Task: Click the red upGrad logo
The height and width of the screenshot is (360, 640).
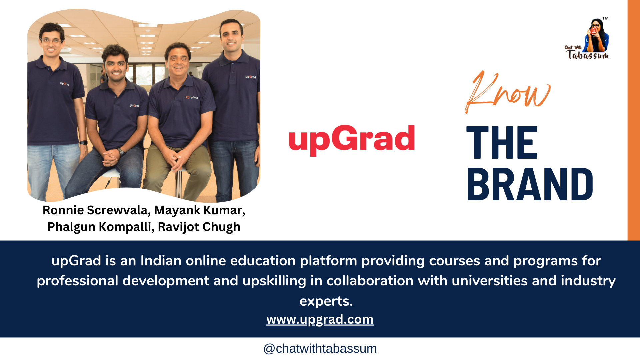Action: (352, 139)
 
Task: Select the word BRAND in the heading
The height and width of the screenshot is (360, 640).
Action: (530, 184)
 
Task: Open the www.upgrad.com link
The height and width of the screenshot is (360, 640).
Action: (320, 319)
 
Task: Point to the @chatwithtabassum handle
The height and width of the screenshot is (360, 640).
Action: (320, 348)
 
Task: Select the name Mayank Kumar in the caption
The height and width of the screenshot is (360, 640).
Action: (199, 210)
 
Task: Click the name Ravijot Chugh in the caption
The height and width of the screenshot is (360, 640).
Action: (199, 227)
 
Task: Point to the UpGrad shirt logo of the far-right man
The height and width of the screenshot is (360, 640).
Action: (250, 77)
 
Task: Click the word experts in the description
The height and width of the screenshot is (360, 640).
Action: (326, 301)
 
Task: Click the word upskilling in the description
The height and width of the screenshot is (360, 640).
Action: (274, 281)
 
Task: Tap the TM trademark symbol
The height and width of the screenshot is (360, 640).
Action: (605, 18)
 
